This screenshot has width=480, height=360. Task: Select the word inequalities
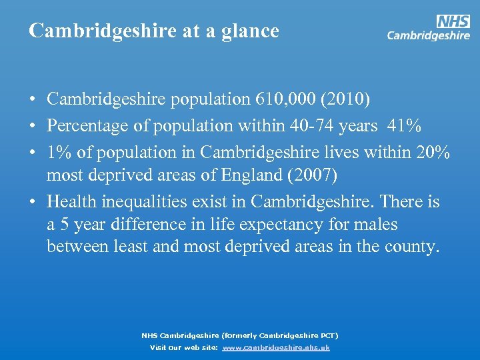point(140,201)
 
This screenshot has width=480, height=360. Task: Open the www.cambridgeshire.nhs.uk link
point(276,347)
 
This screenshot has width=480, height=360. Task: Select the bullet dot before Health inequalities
point(32,202)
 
